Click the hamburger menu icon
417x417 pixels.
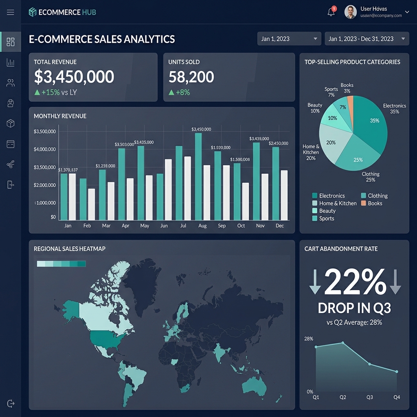pos(11,12)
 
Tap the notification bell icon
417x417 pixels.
pos(331,12)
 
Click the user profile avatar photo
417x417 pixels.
pos(351,12)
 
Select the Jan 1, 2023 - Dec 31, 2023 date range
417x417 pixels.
pos(367,39)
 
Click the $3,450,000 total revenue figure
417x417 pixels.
pos(74,77)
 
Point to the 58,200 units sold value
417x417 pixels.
pos(191,77)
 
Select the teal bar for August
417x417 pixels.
pos(198,176)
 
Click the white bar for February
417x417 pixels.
pos(92,204)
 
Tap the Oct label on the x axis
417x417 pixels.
pos(241,226)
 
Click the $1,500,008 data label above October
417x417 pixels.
pos(240,160)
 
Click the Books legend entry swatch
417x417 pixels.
pos(364,203)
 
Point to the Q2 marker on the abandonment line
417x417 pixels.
pos(343,343)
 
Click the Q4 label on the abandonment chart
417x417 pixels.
pos(397,397)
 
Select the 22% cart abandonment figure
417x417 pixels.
pos(355,282)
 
